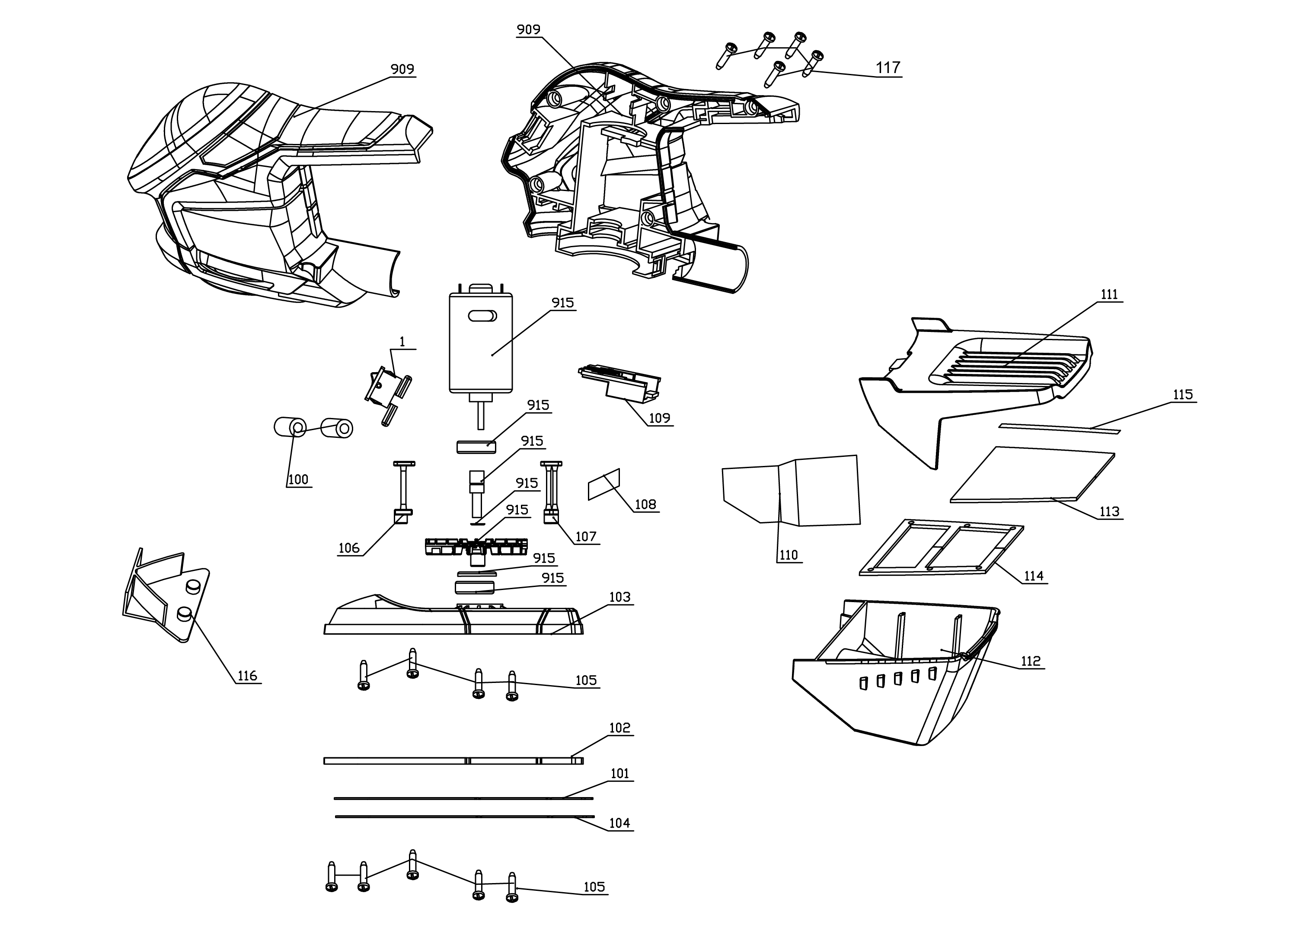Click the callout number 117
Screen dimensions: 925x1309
[888, 68]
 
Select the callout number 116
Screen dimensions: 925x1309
[247, 676]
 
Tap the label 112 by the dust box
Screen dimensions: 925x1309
[1031, 661]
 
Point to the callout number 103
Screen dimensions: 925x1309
[620, 597]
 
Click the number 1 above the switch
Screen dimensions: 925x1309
[402, 341]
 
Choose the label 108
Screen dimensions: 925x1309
[645, 504]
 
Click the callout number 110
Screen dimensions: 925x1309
[789, 555]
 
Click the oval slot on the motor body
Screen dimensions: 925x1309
[482, 316]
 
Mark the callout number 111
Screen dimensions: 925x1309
[1109, 295]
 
